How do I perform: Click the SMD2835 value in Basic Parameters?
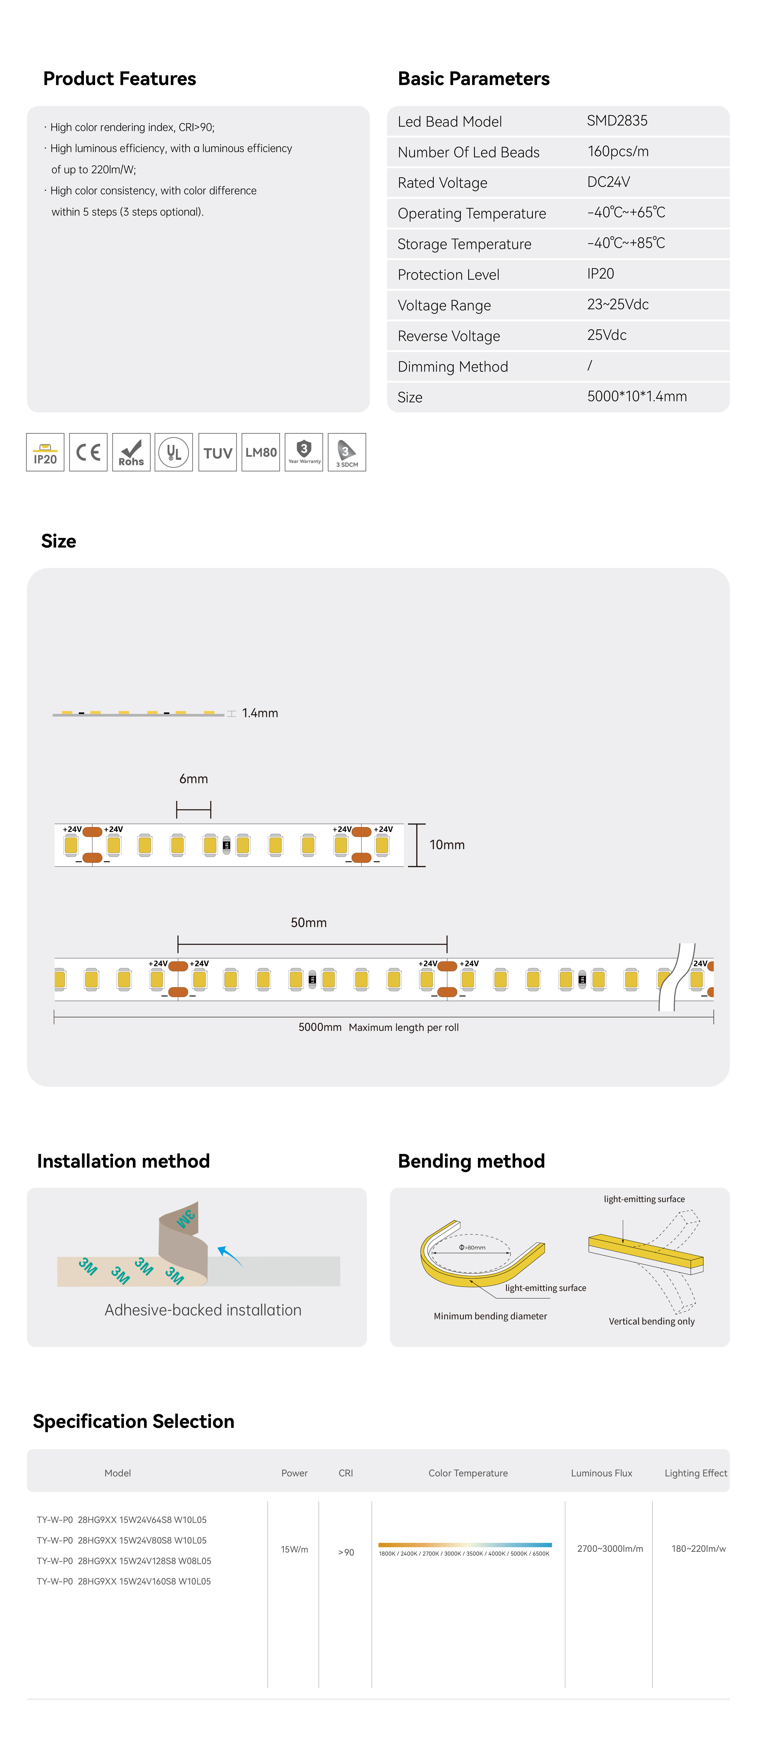pyautogui.click(x=617, y=121)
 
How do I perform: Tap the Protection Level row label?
pyautogui.click(x=448, y=275)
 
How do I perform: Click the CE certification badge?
pyautogui.click(x=88, y=452)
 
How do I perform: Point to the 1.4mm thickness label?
pyautogui.click(x=260, y=713)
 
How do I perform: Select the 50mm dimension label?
pyautogui.click(x=309, y=923)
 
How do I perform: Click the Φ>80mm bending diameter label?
pyautogui.click(x=472, y=1247)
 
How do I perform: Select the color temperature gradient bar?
pyautogui.click(x=465, y=1545)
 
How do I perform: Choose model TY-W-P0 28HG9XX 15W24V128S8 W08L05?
pyautogui.click(x=123, y=1561)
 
